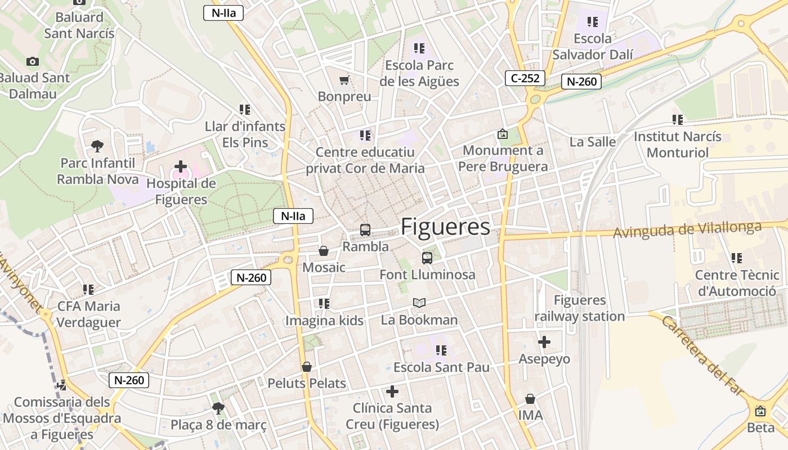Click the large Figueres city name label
tap(445, 227)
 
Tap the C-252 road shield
tap(525, 78)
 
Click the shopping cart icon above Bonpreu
tap(344, 80)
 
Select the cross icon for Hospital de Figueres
tap(181, 166)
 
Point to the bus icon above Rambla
tap(365, 229)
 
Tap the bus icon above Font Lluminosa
tap(427, 258)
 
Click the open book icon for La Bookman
tap(419, 303)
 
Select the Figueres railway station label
tap(580, 308)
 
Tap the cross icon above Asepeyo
tap(544, 342)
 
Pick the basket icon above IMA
tap(530, 399)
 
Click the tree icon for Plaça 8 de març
tap(218, 408)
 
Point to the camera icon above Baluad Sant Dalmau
tap(33, 61)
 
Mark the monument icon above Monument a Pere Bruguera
tap(503, 134)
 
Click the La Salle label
tap(593, 142)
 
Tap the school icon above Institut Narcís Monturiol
tap(678, 120)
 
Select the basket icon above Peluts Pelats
tap(307, 367)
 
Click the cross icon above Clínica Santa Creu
tap(392, 391)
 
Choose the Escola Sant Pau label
tap(441, 367)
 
